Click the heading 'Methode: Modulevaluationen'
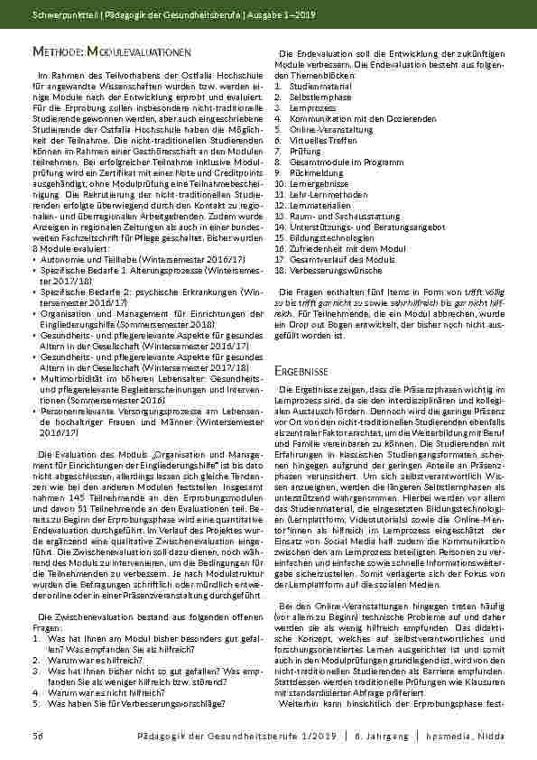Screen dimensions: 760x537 tap(111, 54)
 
